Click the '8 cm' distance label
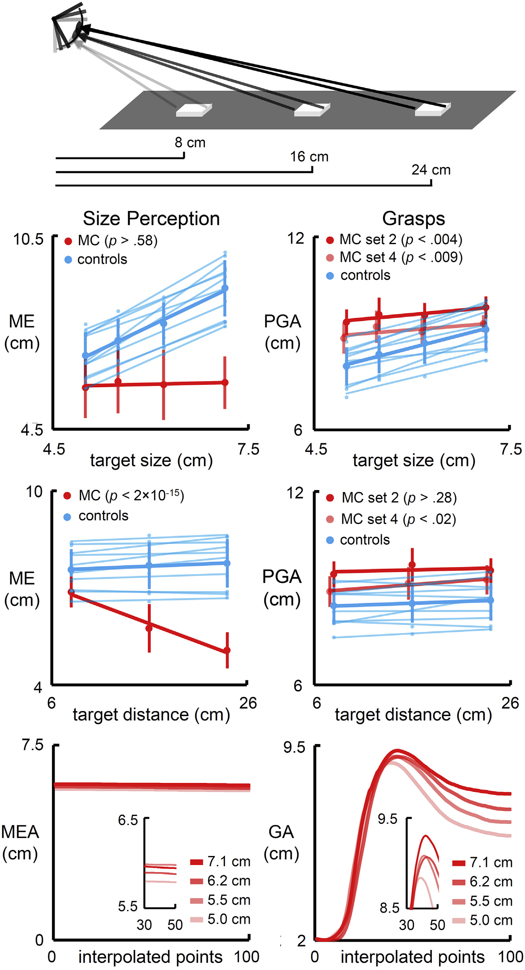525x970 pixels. [x=190, y=142]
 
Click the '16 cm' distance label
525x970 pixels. [x=309, y=156]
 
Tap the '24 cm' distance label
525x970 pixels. [x=431, y=170]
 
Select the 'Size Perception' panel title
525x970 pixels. [x=151, y=219]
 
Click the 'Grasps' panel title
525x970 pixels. [x=413, y=219]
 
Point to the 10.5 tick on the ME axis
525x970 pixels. [x=28, y=239]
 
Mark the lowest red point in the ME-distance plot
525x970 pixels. [x=227, y=650]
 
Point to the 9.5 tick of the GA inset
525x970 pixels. [x=387, y=819]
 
